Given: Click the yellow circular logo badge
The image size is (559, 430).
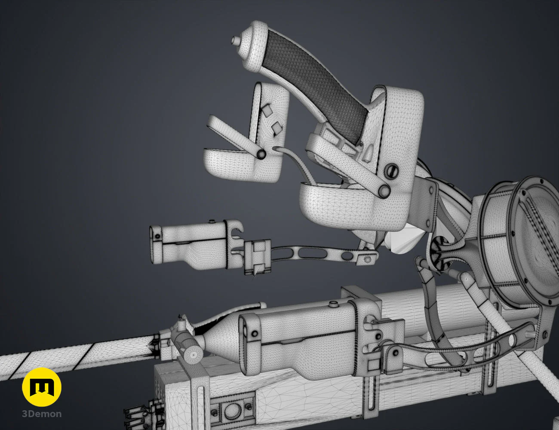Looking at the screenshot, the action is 42,387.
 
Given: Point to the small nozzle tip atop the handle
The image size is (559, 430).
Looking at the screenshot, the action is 235,40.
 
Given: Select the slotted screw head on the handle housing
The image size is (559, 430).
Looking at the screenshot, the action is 392,171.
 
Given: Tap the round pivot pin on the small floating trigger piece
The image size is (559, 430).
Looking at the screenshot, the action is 261,154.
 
